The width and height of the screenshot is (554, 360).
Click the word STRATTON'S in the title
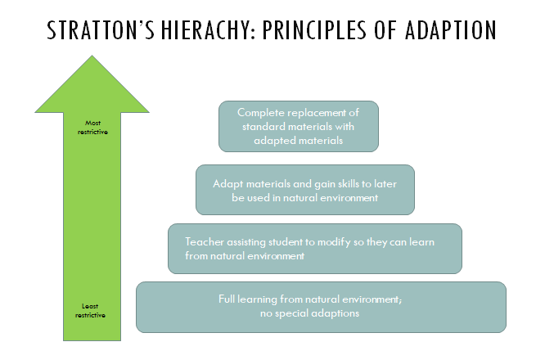coord(101,30)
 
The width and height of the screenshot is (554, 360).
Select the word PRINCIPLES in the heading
coord(314,30)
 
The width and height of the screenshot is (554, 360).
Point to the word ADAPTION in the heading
coord(451,30)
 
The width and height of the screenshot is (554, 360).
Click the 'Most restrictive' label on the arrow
coord(92,128)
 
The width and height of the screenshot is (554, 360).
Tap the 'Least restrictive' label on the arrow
coord(90,311)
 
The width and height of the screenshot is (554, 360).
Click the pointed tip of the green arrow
coord(92,56)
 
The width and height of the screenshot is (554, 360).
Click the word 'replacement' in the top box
coord(318,114)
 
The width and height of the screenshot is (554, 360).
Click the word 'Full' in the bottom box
coord(227,299)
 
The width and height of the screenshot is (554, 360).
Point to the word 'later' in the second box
coord(385,184)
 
